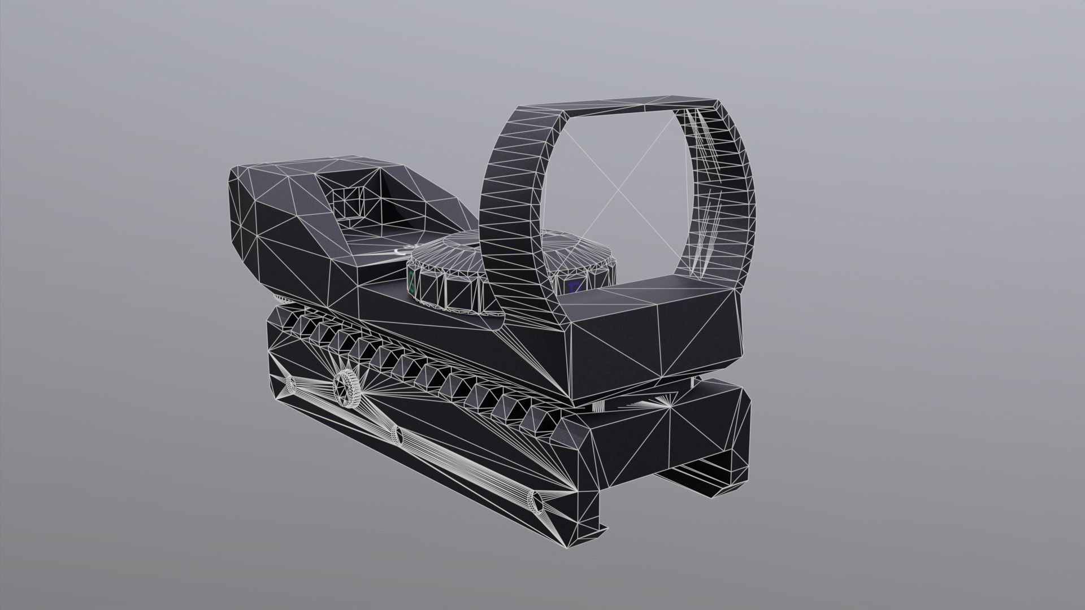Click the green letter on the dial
(x=412, y=281)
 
